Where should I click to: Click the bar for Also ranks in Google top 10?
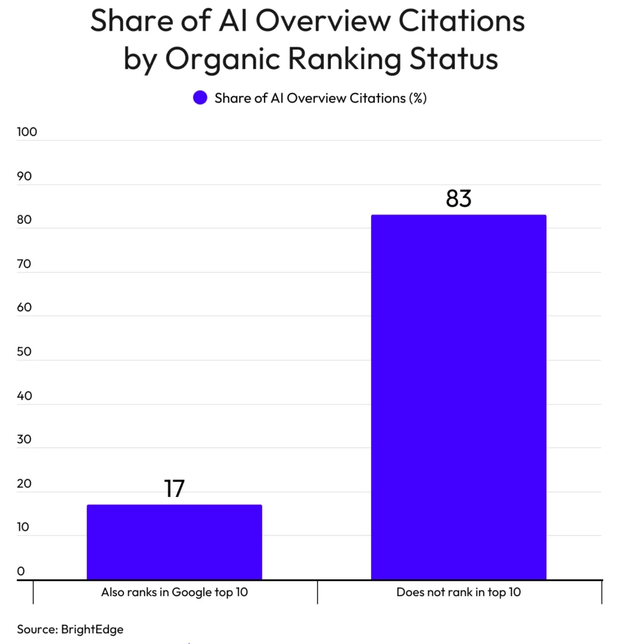[175, 541]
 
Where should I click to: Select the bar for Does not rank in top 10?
[458, 397]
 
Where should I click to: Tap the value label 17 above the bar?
[175, 488]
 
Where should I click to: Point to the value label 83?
[458, 198]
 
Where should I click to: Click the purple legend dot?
[200, 97]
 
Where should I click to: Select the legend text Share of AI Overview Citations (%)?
[321, 98]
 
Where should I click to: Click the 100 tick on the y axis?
[26, 132]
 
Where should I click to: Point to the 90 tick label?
[25, 176]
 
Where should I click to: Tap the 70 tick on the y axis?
[25, 264]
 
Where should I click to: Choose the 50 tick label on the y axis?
[25, 352]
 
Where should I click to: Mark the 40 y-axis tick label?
[25, 396]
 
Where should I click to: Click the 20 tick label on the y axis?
[25, 484]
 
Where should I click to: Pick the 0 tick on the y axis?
[21, 571]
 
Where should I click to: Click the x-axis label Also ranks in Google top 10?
[175, 592]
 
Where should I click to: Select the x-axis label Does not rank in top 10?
[458, 592]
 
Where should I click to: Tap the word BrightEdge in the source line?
[92, 630]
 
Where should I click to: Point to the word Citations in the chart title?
[462, 21]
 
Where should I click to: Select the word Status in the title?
[454, 58]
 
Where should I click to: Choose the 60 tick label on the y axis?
[25, 308]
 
